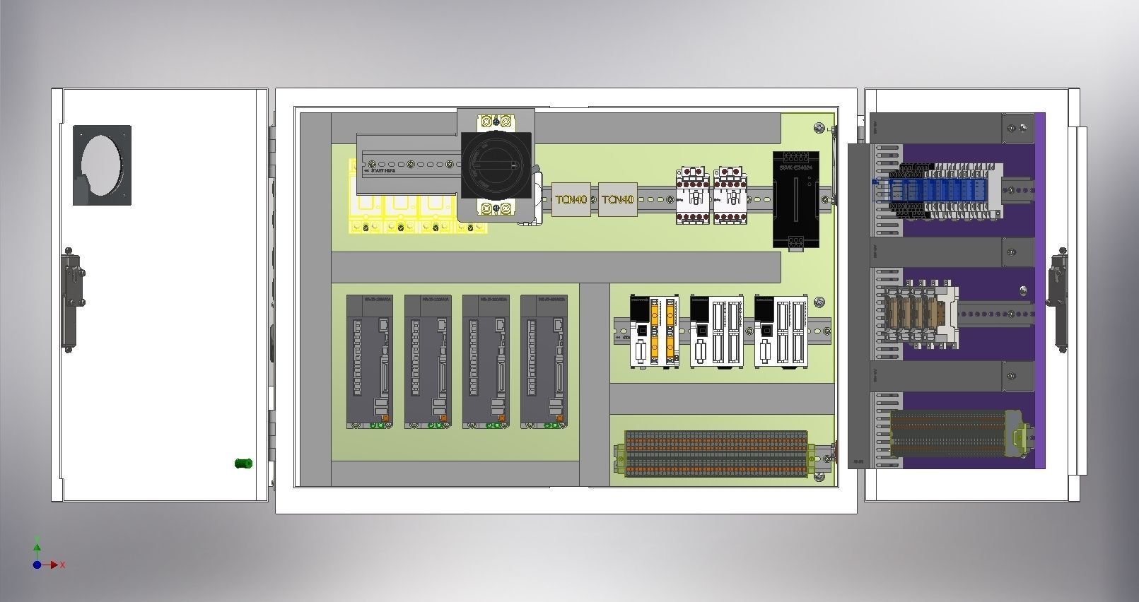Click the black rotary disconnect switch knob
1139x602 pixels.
coord(496,166)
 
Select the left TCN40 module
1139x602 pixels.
coord(571,199)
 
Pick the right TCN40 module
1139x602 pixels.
coord(618,199)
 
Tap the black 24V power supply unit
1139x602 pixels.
coord(796,201)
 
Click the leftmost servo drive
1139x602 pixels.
coord(370,361)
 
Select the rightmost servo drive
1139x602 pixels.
coord(544,361)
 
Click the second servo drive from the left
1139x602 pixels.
coord(428,361)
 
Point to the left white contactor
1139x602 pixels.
coord(693,196)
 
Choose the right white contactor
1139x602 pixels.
coord(730,196)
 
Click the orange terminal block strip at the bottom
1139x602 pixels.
coord(715,454)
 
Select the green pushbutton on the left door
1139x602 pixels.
coord(243,464)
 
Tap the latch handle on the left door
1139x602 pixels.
coord(71,300)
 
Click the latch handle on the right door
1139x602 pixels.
coord(1058,298)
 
